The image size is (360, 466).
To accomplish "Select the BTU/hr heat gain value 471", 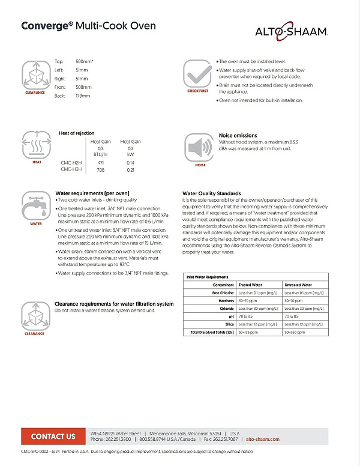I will (101, 162).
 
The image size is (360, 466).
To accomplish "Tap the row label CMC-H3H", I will (71, 170).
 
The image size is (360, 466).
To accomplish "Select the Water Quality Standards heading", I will (212, 193).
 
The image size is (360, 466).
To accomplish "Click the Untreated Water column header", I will (298, 285).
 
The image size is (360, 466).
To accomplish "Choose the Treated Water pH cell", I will (244, 316).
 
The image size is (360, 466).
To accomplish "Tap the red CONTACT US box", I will (53, 437).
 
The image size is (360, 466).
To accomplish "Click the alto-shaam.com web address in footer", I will (263, 440).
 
